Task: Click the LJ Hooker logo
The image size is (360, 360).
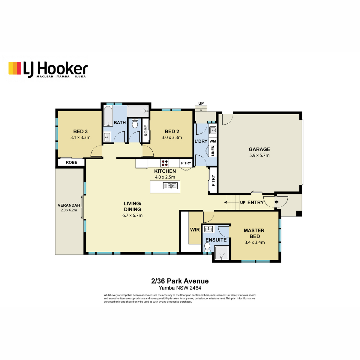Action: click(x=48, y=69)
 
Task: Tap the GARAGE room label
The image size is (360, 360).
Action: click(x=259, y=149)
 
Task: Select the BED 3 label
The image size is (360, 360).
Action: click(x=80, y=131)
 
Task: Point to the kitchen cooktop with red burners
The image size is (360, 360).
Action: click(x=165, y=163)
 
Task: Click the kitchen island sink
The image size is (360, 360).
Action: click(x=170, y=186)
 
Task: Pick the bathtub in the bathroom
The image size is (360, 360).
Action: click(x=108, y=116)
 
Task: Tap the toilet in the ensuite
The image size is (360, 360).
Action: click(x=207, y=247)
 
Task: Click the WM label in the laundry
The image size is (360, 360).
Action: click(x=213, y=141)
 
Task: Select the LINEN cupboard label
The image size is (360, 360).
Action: click(x=213, y=151)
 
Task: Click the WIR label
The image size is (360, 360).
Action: click(x=195, y=230)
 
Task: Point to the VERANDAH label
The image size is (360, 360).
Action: click(x=69, y=205)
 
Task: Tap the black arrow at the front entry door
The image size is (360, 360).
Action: click(x=276, y=202)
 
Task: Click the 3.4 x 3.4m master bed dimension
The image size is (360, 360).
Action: click(x=255, y=242)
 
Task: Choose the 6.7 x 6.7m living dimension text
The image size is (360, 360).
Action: click(x=132, y=215)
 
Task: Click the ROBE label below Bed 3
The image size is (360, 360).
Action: click(x=72, y=162)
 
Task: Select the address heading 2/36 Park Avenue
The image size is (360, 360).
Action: click(x=180, y=281)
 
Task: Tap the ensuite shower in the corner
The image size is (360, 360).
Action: click(x=222, y=253)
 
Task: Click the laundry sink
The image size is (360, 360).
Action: click(x=213, y=130)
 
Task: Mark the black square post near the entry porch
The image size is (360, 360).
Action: click(x=299, y=213)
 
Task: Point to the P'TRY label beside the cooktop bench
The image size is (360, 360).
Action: click(x=186, y=163)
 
